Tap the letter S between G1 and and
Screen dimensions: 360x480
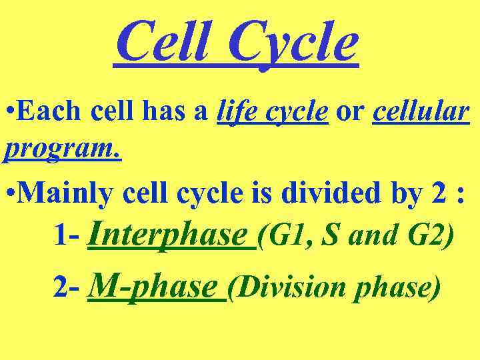[329, 237]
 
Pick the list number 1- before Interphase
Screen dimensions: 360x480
[66, 237]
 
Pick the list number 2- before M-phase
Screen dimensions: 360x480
[66, 289]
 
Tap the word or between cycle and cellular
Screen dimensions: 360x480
[350, 112]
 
